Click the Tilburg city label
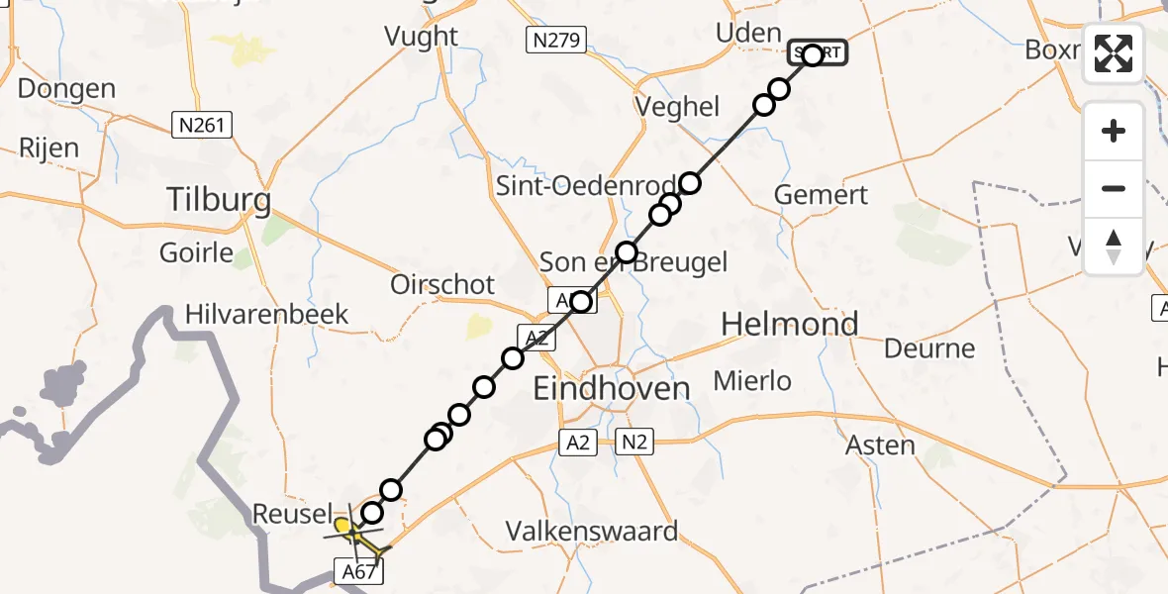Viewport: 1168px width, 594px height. click(x=219, y=201)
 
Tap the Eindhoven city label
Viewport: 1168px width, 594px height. click(x=611, y=388)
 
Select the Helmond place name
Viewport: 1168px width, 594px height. click(x=789, y=324)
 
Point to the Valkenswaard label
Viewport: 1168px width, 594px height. click(x=592, y=531)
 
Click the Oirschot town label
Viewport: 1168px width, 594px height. click(x=442, y=284)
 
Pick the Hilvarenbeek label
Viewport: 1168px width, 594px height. click(x=267, y=315)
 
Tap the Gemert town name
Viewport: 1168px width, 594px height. click(x=821, y=195)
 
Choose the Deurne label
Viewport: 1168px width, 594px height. click(x=929, y=348)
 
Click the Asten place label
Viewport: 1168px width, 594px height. click(x=880, y=445)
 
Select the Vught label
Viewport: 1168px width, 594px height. click(x=422, y=37)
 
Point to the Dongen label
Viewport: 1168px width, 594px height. click(x=66, y=89)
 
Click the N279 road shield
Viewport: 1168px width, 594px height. click(x=555, y=40)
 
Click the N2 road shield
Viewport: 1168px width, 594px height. click(x=633, y=443)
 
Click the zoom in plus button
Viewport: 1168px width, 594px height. click(x=1114, y=131)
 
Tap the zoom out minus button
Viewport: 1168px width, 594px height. click(x=1114, y=188)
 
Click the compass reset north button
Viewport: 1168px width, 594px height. click(x=1114, y=247)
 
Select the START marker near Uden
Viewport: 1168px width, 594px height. click(x=816, y=53)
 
